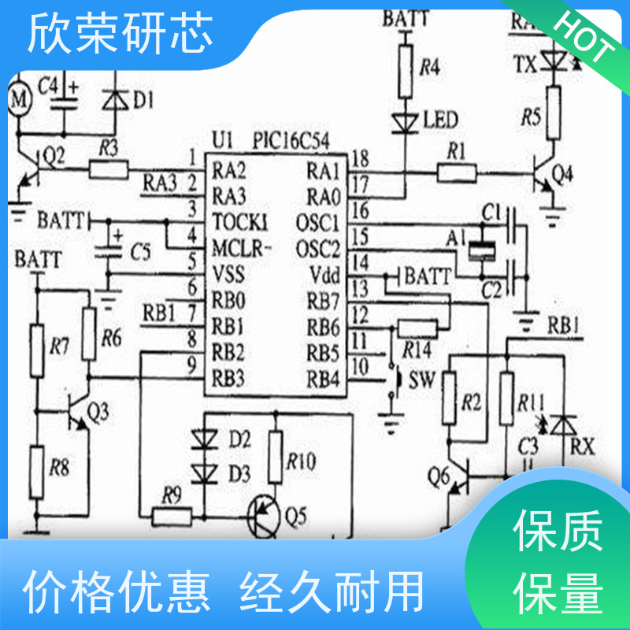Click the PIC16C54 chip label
click(x=291, y=142)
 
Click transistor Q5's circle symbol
click(x=264, y=517)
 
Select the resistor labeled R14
click(x=418, y=329)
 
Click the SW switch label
click(x=421, y=381)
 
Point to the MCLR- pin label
click(x=241, y=250)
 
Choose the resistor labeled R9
click(x=172, y=516)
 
